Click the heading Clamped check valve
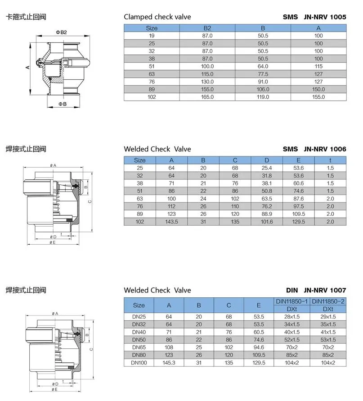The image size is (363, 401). pos(157,17)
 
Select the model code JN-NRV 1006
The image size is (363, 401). pos(325,149)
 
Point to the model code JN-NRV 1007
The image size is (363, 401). pos(325,290)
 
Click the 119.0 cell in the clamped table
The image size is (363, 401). pos(263,97)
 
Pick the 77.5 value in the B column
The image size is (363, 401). pos(263,74)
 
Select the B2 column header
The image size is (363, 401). pos(207,28)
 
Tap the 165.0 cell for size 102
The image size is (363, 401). pos(207,97)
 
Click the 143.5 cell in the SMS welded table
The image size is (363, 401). pos(171,222)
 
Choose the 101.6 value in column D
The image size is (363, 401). pos(267,222)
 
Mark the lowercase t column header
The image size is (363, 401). pos(330,160)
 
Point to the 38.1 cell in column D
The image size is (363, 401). pos(267,183)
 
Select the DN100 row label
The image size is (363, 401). pos(139,362)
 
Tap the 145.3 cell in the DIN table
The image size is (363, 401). pos(169,362)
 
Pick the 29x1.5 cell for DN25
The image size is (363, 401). pos(328,317)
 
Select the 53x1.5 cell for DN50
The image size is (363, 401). pos(328,340)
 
